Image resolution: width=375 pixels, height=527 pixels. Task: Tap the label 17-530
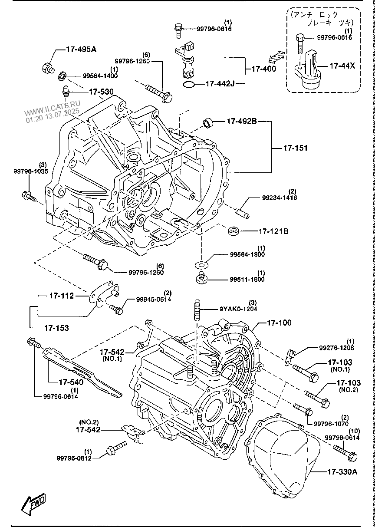(x=101, y=92)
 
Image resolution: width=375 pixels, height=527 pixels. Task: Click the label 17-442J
(x=220, y=83)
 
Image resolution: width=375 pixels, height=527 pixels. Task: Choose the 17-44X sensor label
(x=342, y=66)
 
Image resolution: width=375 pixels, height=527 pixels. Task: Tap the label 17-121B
(x=273, y=231)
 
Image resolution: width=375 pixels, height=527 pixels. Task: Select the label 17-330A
(x=342, y=472)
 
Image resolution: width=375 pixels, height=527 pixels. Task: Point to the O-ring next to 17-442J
(x=188, y=84)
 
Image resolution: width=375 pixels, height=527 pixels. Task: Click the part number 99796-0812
(x=74, y=458)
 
